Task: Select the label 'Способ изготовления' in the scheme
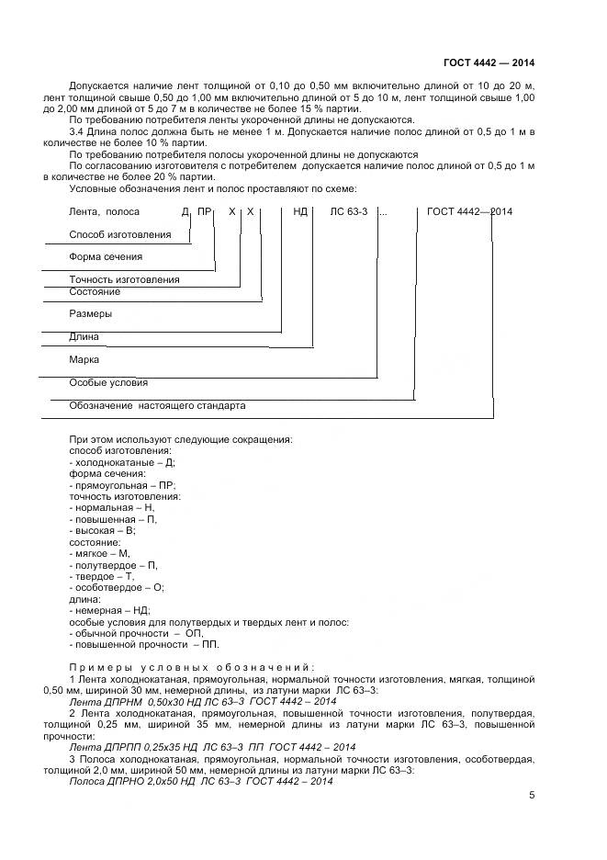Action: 120,235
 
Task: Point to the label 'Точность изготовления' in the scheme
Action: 124,279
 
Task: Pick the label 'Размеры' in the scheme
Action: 91,314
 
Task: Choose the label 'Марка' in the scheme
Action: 84,360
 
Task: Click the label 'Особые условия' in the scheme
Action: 108,382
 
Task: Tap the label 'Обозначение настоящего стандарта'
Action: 157,405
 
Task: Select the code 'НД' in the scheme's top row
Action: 300,211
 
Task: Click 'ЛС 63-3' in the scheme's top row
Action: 349,211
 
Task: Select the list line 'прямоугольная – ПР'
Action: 122,485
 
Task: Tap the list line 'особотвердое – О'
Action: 117,587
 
